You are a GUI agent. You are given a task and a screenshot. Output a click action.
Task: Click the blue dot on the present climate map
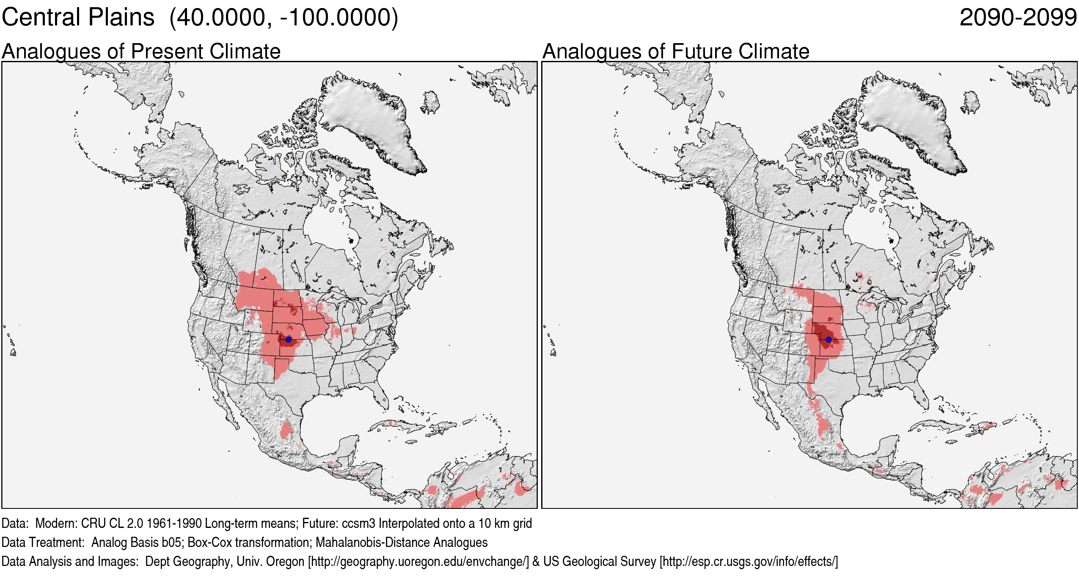pyautogui.click(x=289, y=339)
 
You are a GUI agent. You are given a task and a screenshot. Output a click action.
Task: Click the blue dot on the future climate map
pyautogui.click(x=829, y=339)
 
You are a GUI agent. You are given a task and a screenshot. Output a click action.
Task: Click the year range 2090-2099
pyautogui.click(x=1018, y=18)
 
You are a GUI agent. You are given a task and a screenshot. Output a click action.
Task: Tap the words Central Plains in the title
pyautogui.click(x=78, y=18)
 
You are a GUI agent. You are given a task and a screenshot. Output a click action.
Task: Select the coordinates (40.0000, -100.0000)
pyautogui.click(x=284, y=18)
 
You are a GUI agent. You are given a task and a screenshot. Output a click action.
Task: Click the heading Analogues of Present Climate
pyautogui.click(x=141, y=52)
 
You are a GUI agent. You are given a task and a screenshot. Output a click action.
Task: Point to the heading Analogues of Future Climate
pyautogui.click(x=676, y=52)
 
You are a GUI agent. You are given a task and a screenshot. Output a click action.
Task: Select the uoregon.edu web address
pyautogui.click(x=418, y=561)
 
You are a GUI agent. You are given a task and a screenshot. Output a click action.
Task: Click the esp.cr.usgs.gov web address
pyautogui.click(x=749, y=561)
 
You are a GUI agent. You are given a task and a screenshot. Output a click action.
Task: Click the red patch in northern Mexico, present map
pyautogui.click(x=286, y=431)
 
